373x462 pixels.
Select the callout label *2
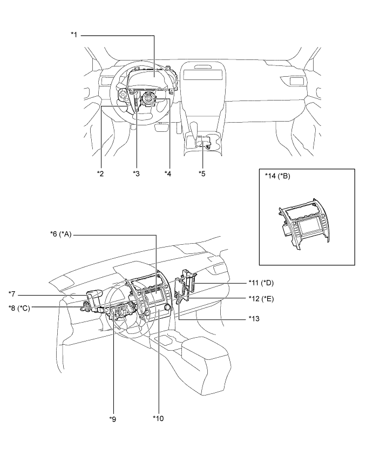pyautogui.click(x=100, y=173)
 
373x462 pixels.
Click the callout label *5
pyautogui.click(x=202, y=173)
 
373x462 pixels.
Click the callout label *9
pyautogui.click(x=113, y=418)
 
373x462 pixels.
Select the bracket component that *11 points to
pyautogui.click(x=189, y=282)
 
